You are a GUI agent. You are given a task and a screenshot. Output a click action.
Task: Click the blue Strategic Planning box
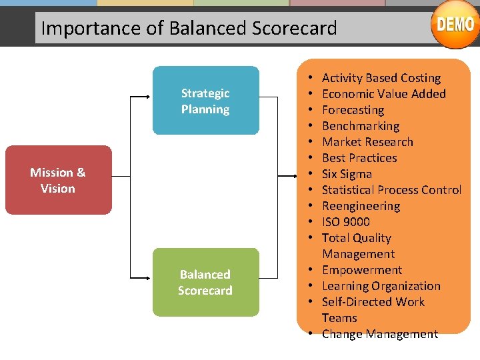(205, 101)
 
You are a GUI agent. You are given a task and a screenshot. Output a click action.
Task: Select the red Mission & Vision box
(58, 180)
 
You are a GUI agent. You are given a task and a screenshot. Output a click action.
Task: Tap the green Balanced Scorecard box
(205, 282)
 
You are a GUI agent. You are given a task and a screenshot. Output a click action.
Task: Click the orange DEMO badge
(455, 25)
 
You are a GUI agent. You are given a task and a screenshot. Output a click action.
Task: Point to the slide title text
(189, 28)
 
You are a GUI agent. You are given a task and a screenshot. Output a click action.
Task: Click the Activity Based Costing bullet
(381, 78)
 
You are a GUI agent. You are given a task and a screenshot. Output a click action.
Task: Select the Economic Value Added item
(383, 94)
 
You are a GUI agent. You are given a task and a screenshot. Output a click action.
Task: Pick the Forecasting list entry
(353, 110)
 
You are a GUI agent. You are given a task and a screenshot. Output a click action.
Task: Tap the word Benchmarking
(360, 126)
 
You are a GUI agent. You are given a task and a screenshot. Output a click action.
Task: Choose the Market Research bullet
(367, 142)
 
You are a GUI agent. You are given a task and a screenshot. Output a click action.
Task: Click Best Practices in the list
(359, 158)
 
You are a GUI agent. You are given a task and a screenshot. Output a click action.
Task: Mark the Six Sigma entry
(347, 174)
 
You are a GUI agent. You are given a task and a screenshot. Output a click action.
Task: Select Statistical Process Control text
(391, 190)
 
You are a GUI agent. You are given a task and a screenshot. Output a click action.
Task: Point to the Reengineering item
(361, 206)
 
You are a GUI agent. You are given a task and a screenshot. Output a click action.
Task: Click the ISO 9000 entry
(345, 222)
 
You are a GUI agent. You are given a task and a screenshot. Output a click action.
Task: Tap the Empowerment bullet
(362, 270)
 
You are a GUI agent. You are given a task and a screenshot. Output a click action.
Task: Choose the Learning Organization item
(381, 286)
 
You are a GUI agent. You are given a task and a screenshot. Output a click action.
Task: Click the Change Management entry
(379, 334)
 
